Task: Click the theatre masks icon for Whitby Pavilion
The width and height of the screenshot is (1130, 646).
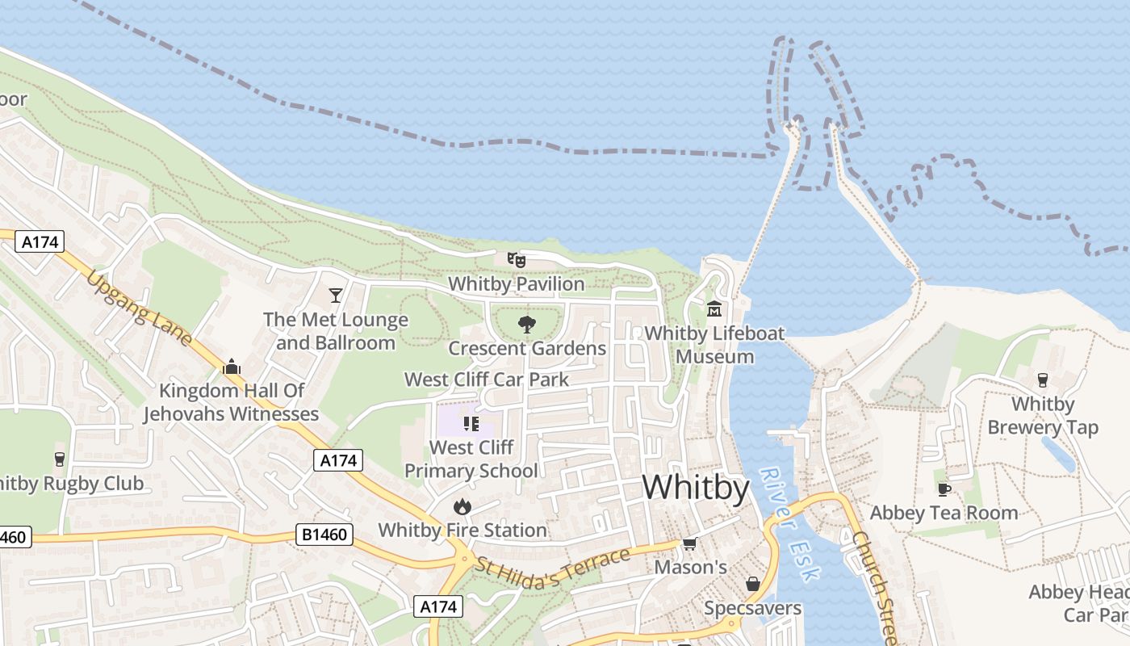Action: click(x=517, y=259)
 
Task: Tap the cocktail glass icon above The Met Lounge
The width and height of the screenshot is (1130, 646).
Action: click(x=336, y=296)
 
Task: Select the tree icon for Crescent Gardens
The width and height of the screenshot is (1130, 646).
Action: click(x=527, y=325)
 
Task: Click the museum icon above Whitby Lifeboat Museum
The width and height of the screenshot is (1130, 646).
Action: click(x=714, y=308)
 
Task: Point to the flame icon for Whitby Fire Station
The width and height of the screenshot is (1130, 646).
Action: click(x=462, y=506)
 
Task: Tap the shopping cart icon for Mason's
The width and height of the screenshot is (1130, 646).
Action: click(x=690, y=543)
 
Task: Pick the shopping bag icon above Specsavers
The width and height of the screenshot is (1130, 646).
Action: click(x=753, y=583)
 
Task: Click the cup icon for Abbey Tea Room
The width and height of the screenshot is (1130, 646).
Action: click(x=944, y=489)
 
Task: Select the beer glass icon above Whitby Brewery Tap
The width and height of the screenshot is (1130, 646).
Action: click(x=1043, y=380)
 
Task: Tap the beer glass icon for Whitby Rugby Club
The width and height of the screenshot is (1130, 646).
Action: click(x=59, y=459)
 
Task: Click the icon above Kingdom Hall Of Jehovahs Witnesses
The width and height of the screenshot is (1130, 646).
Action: click(x=232, y=367)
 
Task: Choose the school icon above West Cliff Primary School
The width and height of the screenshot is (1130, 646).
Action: click(x=471, y=423)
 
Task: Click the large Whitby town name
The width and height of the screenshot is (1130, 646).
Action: click(x=696, y=489)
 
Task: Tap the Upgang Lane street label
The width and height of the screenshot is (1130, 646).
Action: click(x=139, y=308)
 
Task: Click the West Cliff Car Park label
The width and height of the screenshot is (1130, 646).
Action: click(x=487, y=380)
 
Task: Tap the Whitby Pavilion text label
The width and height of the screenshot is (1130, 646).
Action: click(x=517, y=284)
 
